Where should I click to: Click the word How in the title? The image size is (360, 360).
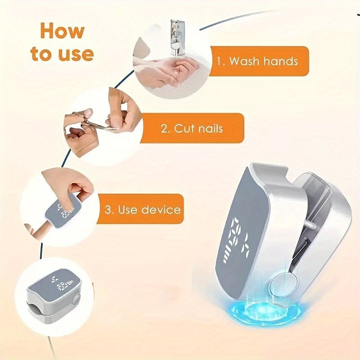coord(63,31)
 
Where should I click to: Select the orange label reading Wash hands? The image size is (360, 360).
coord(259,61)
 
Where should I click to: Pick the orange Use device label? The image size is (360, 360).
coord(140,209)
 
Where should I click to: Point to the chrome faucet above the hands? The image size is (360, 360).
coord(177,38)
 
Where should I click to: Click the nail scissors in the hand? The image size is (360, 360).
coord(94,121)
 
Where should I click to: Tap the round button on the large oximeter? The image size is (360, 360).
coord(283,284)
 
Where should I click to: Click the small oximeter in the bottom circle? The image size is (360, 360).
coord(54,295)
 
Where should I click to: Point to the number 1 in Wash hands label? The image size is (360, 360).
coord(219,62)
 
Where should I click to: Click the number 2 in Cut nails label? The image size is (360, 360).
coord(164,128)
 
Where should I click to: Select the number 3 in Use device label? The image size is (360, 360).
coord(108,210)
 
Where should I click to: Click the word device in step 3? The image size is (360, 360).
coord(161,209)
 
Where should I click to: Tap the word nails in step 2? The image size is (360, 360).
coord(210,128)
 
